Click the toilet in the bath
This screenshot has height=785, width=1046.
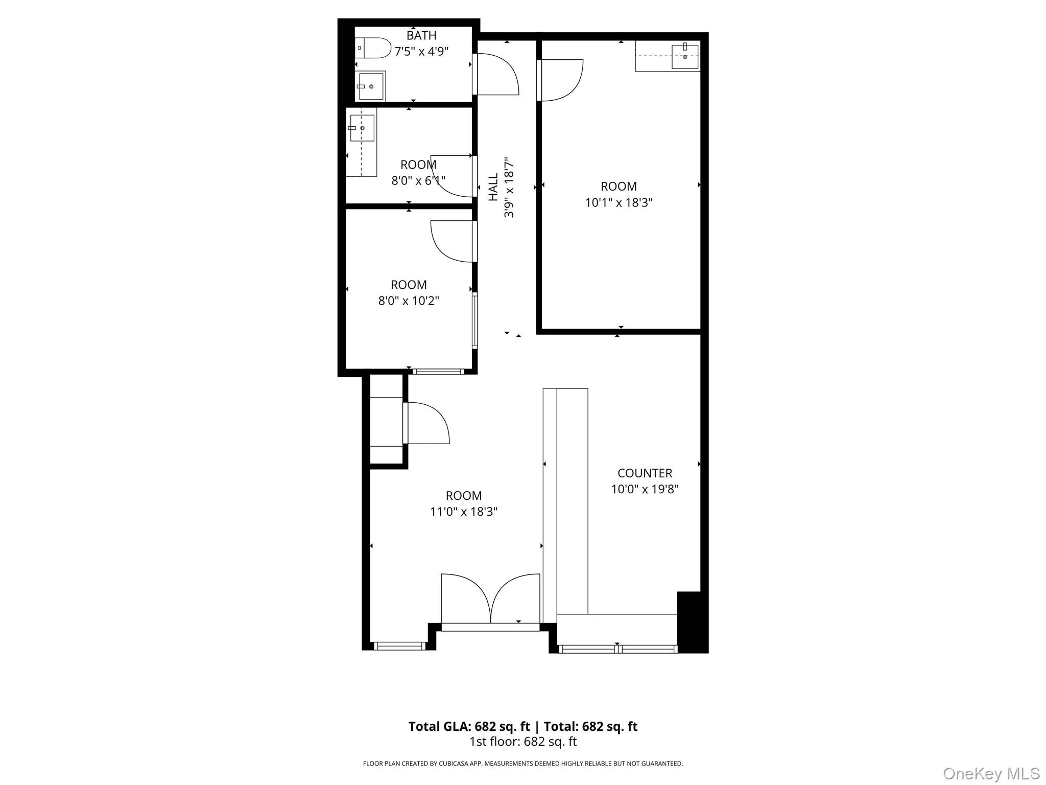pyautogui.click(x=373, y=48)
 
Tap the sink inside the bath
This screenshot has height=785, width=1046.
pyautogui.click(x=371, y=86)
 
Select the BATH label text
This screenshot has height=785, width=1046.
pyautogui.click(x=421, y=35)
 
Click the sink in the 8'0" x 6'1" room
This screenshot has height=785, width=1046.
pyautogui.click(x=362, y=128)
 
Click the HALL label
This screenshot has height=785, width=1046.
pyautogui.click(x=493, y=187)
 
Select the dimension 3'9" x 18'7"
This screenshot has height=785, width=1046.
pyautogui.click(x=509, y=187)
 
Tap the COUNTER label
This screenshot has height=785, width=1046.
pyautogui.click(x=645, y=473)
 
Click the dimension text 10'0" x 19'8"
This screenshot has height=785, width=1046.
pyautogui.click(x=645, y=489)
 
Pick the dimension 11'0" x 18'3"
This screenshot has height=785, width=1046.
pyautogui.click(x=463, y=512)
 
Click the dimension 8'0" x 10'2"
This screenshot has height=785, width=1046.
pyautogui.click(x=409, y=301)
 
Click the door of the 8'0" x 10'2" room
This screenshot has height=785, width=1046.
pyautogui.click(x=453, y=241)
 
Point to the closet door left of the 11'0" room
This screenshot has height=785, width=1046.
pyautogui.click(x=426, y=423)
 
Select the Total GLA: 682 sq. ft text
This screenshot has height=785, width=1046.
pyautogui.click(x=469, y=726)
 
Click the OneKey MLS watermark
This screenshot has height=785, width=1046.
pyautogui.click(x=991, y=773)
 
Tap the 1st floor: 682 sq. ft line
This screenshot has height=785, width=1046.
pyautogui.click(x=523, y=742)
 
